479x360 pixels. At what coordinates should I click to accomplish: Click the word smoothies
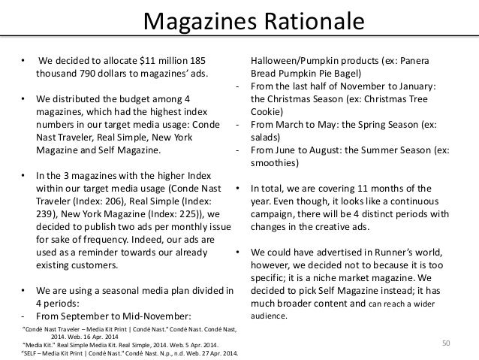[x=273, y=163]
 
